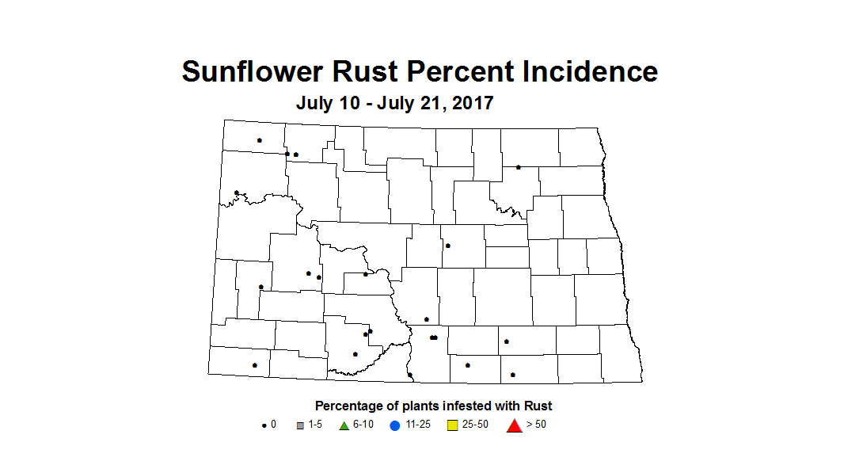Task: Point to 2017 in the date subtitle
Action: click(473, 103)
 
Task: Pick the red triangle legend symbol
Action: click(514, 425)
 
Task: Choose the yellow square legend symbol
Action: click(453, 425)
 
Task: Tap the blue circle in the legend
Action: click(395, 425)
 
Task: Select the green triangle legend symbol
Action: click(344, 425)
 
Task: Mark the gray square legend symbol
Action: click(300, 425)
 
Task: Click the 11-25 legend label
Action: click(417, 425)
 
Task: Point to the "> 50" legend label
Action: click(536, 425)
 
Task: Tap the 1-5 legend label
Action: click(314, 425)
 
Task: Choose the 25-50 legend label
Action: click(475, 425)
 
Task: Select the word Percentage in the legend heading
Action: click(348, 406)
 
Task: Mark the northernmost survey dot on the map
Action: click(259, 140)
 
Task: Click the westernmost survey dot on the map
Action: click(237, 192)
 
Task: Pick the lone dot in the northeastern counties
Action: click(518, 167)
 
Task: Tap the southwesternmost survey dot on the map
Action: click(254, 365)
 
